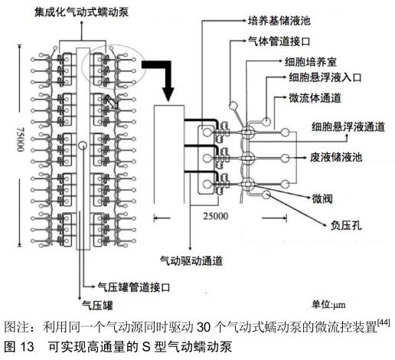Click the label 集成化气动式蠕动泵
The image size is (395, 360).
[81, 12]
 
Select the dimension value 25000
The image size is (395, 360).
[216, 216]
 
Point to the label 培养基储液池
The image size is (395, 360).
[279, 21]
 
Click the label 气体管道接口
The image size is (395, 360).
[279, 41]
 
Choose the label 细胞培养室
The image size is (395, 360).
[311, 62]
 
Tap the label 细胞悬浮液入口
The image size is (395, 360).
[325, 77]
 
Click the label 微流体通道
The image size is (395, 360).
[315, 98]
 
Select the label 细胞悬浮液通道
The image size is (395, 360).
[348, 126]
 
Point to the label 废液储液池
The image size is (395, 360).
[336, 157]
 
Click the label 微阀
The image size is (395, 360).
[322, 198]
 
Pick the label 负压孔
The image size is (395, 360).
[346, 225]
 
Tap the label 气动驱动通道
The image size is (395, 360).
[191, 260]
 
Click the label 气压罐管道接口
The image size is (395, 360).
[134, 287]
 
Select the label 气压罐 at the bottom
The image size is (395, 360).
[97, 305]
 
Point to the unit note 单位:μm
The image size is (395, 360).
[328, 305]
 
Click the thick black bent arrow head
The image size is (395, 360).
[168, 94]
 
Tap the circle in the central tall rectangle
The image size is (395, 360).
[83, 146]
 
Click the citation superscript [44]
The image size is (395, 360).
[384, 322]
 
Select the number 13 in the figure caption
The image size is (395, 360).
[27, 347]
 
